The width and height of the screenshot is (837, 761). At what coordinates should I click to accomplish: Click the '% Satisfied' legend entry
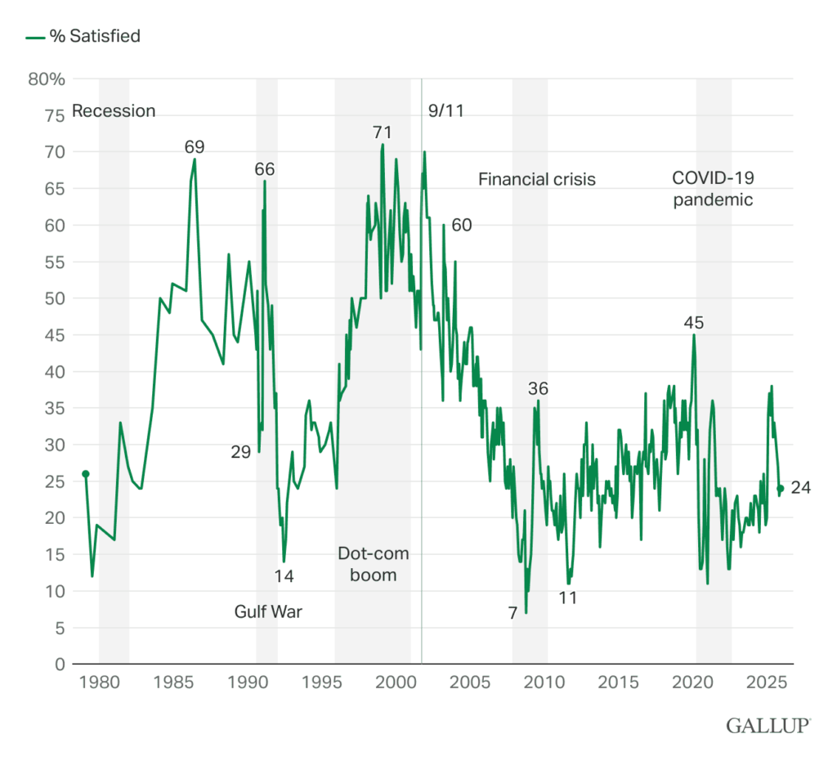coord(83,36)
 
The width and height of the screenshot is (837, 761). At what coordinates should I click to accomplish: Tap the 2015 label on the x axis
coord(620,682)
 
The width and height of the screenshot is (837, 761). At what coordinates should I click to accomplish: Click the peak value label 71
coord(382,132)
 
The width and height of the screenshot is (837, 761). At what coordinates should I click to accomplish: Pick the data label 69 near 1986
coord(194,147)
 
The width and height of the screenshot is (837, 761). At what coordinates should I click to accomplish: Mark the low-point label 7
coord(512,613)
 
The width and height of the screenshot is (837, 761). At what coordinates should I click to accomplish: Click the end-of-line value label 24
coord(801,488)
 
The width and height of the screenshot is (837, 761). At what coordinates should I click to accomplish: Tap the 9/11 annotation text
coord(446,111)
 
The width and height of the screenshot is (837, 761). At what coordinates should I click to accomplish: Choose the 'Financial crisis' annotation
coord(536,179)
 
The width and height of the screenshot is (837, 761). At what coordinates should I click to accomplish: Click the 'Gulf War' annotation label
coord(268,611)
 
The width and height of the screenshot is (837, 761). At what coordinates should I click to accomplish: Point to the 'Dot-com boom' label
coord(374,564)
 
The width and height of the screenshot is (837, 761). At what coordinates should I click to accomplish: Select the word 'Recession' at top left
coord(114,111)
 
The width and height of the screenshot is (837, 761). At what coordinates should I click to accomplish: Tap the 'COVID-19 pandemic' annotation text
coord(713,188)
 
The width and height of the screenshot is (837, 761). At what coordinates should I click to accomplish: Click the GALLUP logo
coord(768,724)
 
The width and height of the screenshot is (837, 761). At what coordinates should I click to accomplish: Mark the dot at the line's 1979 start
coord(85,474)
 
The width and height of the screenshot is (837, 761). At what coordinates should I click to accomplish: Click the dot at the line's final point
coord(780,489)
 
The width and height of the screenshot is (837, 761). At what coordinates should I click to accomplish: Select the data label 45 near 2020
coord(694,323)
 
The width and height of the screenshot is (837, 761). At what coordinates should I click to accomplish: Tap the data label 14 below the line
coord(284,575)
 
